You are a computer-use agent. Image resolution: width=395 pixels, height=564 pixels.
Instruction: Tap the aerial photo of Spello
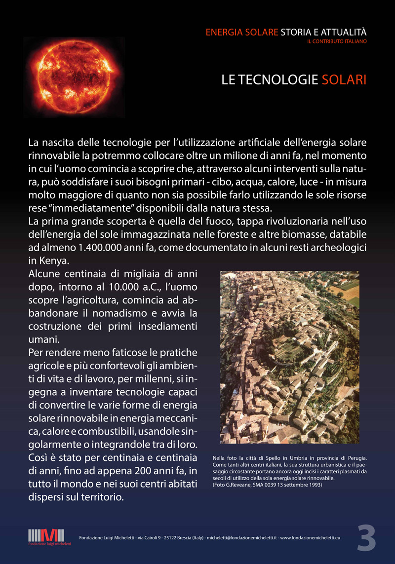pyautogui.click(x=289, y=357)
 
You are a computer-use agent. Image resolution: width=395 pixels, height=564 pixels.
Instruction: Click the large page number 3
pyautogui.click(x=366, y=538)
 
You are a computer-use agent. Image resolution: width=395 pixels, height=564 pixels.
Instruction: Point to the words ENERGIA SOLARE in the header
pyautogui.click(x=242, y=33)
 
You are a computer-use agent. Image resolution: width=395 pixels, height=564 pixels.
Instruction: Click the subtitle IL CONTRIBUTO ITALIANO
pyautogui.click(x=337, y=41)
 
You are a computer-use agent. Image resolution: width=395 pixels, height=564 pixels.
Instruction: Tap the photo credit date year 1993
pyautogui.click(x=315, y=485)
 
